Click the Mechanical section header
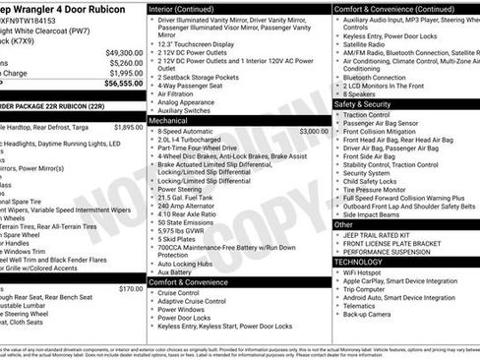point(174,119)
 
